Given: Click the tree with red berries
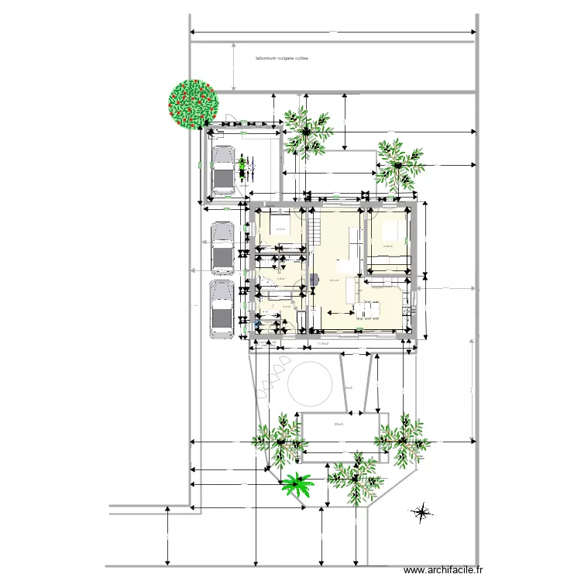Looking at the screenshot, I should pos(193,103).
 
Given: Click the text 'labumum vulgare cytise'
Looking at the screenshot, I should pos(282,57).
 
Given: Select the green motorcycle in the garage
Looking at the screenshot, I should pos(244,167).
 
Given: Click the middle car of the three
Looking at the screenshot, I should pos(222,248).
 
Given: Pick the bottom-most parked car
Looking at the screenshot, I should pos(222,308).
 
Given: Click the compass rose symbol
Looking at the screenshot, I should pos(423,511).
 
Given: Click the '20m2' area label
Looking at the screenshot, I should pos(338,425).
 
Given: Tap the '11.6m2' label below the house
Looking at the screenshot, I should pos(319,342).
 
